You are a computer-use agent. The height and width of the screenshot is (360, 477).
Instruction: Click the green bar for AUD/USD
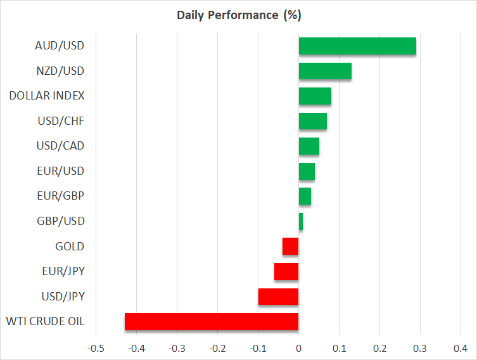(357, 46)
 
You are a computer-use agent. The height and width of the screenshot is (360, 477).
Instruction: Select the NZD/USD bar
(325, 71)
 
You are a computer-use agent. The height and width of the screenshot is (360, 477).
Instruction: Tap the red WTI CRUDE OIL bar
(212, 321)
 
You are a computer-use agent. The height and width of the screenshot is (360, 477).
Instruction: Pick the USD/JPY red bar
(278, 297)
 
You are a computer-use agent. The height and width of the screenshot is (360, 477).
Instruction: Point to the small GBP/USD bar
(301, 222)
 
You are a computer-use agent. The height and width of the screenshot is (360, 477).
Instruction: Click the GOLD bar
(290, 246)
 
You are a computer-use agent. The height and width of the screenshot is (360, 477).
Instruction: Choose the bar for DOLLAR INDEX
(315, 96)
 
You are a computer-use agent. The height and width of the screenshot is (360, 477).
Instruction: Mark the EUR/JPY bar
(286, 271)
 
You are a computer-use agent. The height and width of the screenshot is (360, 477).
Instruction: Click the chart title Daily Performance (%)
(238, 15)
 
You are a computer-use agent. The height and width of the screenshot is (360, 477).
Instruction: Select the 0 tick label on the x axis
(298, 348)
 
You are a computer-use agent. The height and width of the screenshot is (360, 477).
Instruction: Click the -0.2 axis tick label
(217, 348)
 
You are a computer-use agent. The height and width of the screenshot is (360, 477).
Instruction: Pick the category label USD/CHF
(60, 121)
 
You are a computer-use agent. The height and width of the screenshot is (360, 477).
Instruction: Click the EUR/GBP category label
(60, 196)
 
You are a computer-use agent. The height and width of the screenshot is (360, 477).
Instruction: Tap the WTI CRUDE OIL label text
(45, 321)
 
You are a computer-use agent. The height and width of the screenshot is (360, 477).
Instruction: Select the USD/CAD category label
(60, 146)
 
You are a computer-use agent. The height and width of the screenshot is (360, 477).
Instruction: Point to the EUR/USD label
(60, 171)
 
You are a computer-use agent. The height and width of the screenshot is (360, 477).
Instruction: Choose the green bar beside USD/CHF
(313, 121)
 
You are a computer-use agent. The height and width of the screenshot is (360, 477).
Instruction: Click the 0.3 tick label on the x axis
(420, 348)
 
